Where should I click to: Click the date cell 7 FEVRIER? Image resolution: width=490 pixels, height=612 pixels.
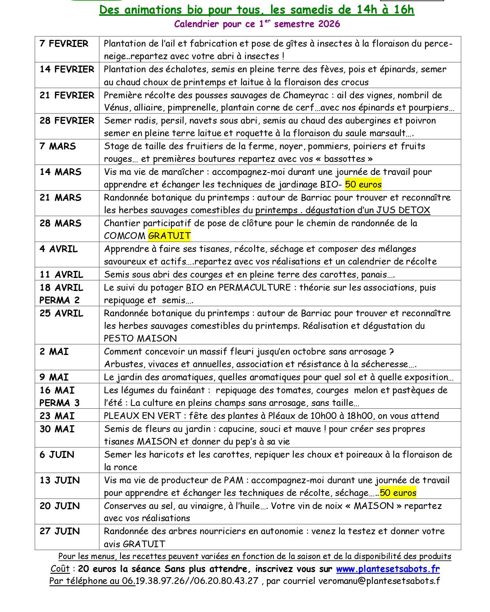pos(64,43)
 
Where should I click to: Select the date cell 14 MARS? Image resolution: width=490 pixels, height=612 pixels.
pos(60,172)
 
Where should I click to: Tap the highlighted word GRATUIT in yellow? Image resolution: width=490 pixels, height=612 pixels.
pos(169,236)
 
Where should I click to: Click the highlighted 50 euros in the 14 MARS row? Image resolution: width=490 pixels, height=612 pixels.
pos(363,184)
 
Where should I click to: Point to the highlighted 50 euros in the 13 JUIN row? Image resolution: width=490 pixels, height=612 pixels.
pos(398,493)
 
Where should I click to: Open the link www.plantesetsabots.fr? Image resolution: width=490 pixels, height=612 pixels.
pos(388,569)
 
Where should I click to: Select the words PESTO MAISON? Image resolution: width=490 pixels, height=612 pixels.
pos(140,338)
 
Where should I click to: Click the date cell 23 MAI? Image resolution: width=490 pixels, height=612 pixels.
pos(57,416)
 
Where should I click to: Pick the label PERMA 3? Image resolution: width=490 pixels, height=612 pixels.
pos(59,403)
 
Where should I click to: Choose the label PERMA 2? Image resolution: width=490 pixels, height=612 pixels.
pos(59,300)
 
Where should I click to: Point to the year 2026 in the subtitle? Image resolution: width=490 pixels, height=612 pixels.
pos(328,24)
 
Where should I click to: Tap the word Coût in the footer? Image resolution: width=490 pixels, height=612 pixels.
pos(60,569)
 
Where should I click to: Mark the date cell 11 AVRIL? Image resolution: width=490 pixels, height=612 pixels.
pos(61,274)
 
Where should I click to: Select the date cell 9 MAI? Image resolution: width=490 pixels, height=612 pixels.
pos(54,377)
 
